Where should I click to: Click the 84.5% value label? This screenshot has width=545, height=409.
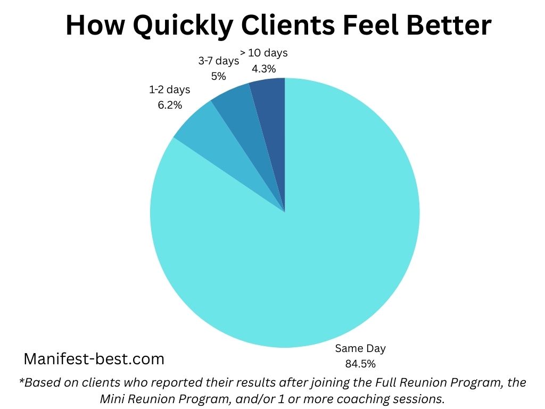point(360,364)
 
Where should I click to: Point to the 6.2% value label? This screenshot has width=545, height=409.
point(169,105)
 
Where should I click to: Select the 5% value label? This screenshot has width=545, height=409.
point(218,76)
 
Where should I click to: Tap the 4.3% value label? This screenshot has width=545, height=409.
point(264,68)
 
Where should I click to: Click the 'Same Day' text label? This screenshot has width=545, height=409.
point(360,349)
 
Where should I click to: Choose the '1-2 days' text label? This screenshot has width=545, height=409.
point(169,90)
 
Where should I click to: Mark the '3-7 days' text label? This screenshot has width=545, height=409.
point(218,61)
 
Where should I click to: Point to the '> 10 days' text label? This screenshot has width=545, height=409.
point(264,53)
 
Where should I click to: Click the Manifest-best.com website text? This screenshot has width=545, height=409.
point(94,359)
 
